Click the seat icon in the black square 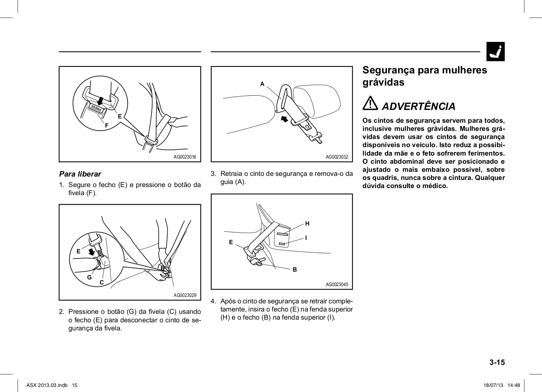[495, 52]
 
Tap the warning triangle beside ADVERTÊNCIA [371, 103]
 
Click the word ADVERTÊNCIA [419, 107]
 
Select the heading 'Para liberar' [80, 174]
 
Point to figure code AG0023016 [185, 157]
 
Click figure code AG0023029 [185, 295]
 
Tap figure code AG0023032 [337, 157]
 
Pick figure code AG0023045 [337, 284]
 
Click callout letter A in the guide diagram [262, 84]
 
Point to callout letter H [307, 224]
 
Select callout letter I [306, 238]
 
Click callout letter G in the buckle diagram [89, 277]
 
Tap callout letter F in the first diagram [106, 125]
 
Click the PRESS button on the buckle [96, 108]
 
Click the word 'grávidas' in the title [383, 82]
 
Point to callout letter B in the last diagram [295, 270]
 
